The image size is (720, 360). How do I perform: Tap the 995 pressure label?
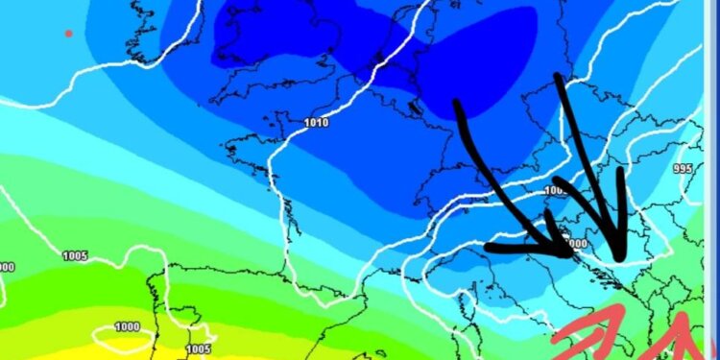(683, 168)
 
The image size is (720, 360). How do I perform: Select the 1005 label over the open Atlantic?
(75, 255)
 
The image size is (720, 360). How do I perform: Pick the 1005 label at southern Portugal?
(199, 348)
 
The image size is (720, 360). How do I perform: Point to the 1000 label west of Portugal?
(127, 326)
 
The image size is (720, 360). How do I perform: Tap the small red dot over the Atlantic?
(68, 34)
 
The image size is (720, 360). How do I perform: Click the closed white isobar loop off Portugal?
(123, 336)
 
